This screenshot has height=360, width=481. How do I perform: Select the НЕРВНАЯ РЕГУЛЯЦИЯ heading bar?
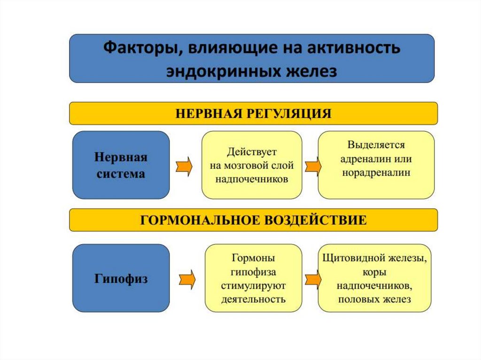[253, 114]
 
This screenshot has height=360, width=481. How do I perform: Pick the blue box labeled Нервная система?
[121, 165]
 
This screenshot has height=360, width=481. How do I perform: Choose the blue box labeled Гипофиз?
[121, 278]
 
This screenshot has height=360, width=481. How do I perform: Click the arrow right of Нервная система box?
[185, 167]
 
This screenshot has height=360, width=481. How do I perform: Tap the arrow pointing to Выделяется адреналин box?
[312, 167]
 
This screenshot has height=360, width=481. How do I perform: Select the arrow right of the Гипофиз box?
[186, 279]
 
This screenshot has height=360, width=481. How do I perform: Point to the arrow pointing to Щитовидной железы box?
[312, 279]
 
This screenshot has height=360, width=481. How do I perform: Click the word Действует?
[252, 153]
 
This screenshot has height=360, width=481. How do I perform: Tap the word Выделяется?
[376, 145]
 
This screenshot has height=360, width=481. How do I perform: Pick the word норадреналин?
[376, 172]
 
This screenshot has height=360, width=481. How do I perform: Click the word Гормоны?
[253, 258]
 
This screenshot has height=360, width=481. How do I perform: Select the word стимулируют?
[253, 285]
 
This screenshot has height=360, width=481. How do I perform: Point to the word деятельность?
[253, 299]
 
